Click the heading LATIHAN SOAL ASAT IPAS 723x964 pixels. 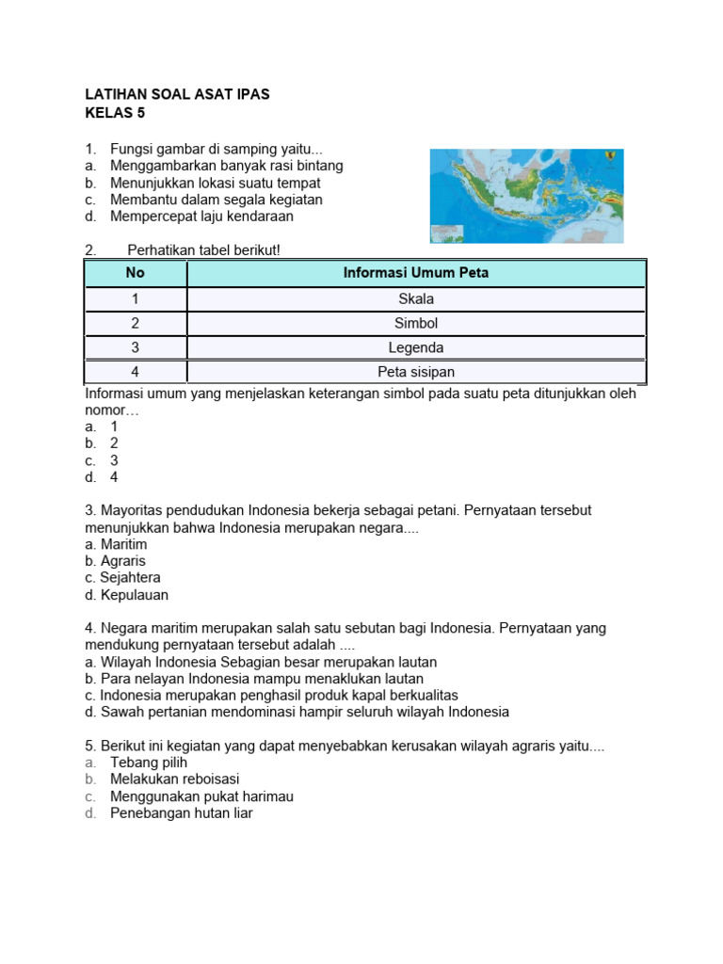pos(177,95)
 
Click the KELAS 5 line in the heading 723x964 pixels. pos(116,113)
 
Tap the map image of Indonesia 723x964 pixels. pos(526,196)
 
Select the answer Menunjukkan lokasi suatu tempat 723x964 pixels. pos(215,183)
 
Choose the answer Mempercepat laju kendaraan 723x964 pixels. pos(201,217)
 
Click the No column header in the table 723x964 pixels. pos(137,274)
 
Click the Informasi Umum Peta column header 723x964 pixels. pos(416,274)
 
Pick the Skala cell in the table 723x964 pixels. pos(416,299)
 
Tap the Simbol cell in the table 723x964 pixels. pos(416,324)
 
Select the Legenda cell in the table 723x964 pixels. pos(416,348)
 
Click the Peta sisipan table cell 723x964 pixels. pos(416,372)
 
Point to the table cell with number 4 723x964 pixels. pos(136,372)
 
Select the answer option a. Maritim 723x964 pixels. pos(116,544)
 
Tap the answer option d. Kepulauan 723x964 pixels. pos(126,595)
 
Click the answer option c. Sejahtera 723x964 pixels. pos(122,578)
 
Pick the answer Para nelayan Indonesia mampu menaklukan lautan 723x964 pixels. pos(253,679)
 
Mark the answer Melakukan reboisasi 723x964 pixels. pos(174,779)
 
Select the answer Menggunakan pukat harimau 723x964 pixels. pos(201,796)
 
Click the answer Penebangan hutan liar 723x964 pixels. pos(181,813)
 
